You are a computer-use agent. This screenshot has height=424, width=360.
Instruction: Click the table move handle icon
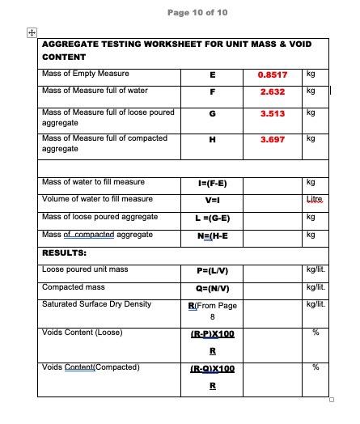click(x=32, y=32)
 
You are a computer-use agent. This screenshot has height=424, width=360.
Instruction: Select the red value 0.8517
click(x=273, y=74)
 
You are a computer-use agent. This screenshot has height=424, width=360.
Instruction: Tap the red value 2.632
click(x=273, y=91)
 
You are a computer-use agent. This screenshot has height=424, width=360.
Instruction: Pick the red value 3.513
click(x=273, y=114)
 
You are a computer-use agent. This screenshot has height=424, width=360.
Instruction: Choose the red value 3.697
click(x=273, y=139)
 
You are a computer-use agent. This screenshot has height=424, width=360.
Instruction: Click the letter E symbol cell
click(x=212, y=74)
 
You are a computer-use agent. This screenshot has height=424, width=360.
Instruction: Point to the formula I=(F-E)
click(x=212, y=184)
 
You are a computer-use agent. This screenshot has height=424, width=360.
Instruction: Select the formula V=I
click(x=212, y=200)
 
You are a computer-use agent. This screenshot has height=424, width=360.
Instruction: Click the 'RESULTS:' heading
click(x=64, y=252)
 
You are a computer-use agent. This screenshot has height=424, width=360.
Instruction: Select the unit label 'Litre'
click(x=315, y=199)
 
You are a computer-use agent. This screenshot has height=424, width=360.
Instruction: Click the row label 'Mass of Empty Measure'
click(x=85, y=74)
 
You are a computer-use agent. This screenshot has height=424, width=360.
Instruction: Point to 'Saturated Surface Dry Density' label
click(x=96, y=304)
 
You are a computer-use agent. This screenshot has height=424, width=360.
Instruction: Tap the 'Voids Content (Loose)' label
click(x=82, y=333)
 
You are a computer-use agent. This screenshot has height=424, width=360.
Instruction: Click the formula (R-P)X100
click(x=212, y=333)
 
